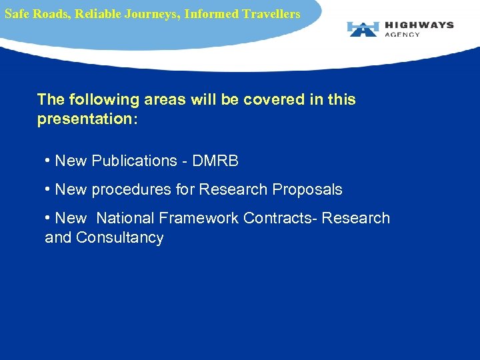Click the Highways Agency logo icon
[x=363, y=29]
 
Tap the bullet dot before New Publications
[x=48, y=161]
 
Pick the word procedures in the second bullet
[x=125, y=190]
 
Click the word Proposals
[x=307, y=190]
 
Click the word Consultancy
[x=119, y=238]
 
